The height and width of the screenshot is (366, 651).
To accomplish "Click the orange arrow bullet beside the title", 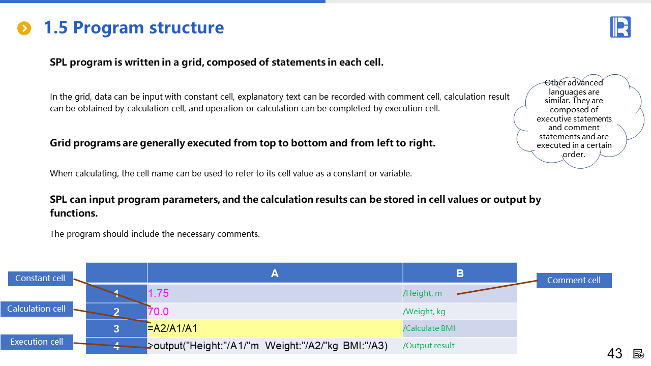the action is [x=24, y=28].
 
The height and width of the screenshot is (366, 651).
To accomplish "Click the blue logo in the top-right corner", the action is [x=620, y=27].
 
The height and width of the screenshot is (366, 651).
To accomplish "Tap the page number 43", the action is [x=615, y=353].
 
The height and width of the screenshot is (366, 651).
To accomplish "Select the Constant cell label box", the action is [x=40, y=279].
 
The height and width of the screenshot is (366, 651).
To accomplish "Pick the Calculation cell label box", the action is [x=37, y=309].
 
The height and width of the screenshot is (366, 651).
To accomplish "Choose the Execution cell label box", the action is [x=37, y=342].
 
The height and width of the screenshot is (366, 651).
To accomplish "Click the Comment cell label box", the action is [x=574, y=280].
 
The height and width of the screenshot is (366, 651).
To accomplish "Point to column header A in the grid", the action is [x=275, y=273].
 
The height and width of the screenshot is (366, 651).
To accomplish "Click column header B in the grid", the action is [x=460, y=273].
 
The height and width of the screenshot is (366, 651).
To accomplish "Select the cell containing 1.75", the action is [x=275, y=293].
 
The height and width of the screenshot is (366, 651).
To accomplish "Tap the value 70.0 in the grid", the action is [x=158, y=312].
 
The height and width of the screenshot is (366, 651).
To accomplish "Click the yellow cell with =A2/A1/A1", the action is [x=275, y=328].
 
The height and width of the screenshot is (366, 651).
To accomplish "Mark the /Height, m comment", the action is [x=422, y=293].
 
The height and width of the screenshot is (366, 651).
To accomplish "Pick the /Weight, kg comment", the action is [x=424, y=312].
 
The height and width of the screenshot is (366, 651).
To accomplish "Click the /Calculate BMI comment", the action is [x=429, y=328].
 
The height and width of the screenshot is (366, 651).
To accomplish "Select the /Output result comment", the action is [x=429, y=346].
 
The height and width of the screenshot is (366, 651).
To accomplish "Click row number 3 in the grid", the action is [x=116, y=328].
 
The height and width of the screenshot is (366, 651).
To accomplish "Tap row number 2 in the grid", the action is [x=116, y=312].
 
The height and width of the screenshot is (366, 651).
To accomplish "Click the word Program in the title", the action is [x=108, y=28].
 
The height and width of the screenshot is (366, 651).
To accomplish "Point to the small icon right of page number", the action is [x=638, y=354].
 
